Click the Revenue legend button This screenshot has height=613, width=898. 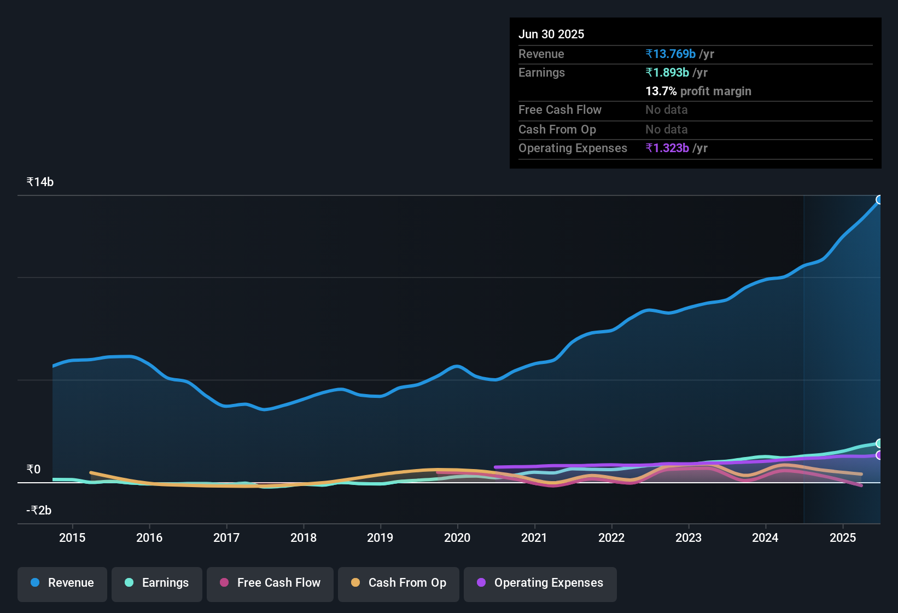(x=62, y=583)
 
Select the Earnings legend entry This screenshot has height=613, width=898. (x=157, y=583)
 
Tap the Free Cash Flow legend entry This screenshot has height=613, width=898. (x=270, y=583)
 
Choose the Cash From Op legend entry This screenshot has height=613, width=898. (x=399, y=583)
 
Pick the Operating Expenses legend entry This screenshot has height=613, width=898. (x=540, y=583)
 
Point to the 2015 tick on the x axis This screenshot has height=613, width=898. (x=72, y=537)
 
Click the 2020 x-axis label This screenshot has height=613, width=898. (x=457, y=537)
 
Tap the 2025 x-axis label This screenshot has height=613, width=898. (x=842, y=537)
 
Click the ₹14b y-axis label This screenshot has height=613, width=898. (x=40, y=182)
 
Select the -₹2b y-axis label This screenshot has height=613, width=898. (x=39, y=510)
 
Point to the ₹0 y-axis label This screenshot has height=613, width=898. (x=33, y=469)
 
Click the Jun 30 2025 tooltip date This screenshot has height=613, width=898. (x=551, y=34)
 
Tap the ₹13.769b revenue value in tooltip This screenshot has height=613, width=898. (x=670, y=54)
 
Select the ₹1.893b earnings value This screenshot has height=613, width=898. (x=667, y=72)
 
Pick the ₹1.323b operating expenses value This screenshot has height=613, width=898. (x=667, y=148)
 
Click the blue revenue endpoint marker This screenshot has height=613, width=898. (x=879, y=200)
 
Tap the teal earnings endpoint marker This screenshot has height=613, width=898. (x=879, y=443)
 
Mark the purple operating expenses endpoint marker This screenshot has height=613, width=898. (x=879, y=455)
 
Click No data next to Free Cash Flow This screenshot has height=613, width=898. (x=666, y=109)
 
